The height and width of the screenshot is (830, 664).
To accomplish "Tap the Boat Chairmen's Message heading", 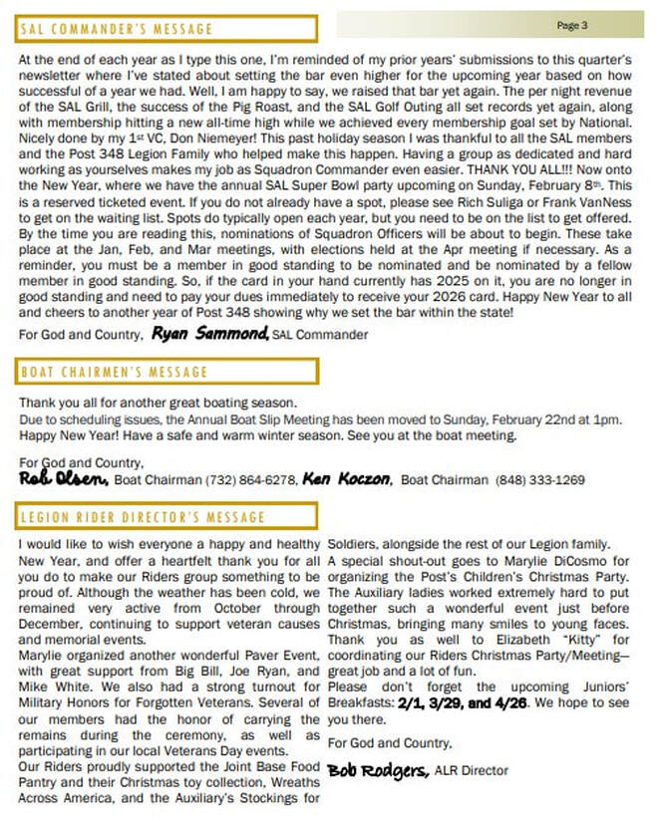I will click(x=114, y=372).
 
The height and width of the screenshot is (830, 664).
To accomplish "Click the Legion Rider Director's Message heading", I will click(x=144, y=517).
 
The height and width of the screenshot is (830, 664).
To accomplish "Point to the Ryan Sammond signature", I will click(x=210, y=334).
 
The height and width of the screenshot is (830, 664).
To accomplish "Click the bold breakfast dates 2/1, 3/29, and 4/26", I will click(x=463, y=702).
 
